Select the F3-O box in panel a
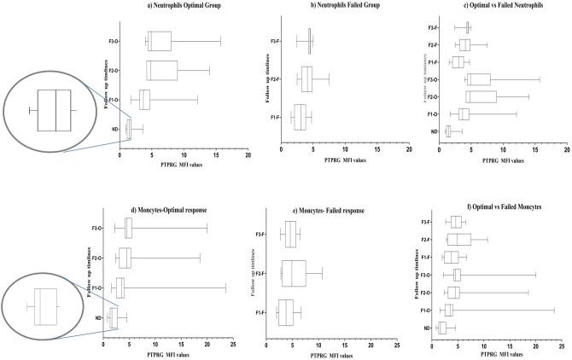point(159,41)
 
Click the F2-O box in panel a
point(162,70)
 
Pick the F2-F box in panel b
point(306,78)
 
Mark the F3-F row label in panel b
point(276,41)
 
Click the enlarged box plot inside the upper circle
point(54,111)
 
